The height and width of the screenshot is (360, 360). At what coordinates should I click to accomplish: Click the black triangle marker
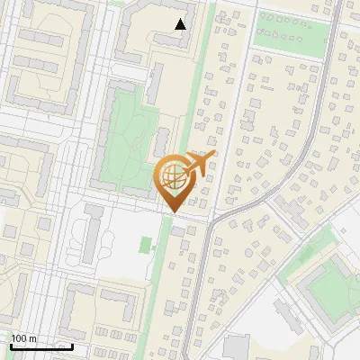click(181, 24)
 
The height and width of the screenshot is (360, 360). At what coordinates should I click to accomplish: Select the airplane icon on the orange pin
click(201, 163)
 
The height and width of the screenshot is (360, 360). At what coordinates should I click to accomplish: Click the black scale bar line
click(41, 346)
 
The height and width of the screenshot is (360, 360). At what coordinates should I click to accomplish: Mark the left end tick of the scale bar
click(11, 345)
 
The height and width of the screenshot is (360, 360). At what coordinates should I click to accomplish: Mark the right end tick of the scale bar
click(72, 345)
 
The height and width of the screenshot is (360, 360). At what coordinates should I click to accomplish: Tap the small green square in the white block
click(145, 245)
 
